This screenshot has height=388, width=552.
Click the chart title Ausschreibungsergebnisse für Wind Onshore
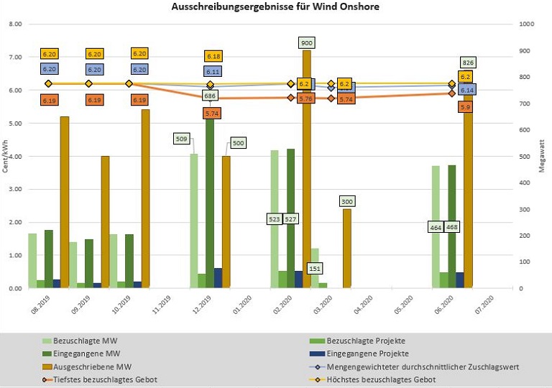[275, 6]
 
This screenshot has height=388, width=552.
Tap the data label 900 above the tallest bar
[307, 43]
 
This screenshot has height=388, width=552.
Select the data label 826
[468, 63]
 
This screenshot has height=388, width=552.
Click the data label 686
[211, 96]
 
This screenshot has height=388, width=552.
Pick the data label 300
[347, 202]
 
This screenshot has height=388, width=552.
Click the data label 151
[315, 269]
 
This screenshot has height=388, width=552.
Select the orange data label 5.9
[466, 106]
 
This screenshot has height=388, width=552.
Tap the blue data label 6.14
[467, 90]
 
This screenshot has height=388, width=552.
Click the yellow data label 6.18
[213, 56]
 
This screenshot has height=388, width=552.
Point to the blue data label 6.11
[213, 72]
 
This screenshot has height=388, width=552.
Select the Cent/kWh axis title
[5, 156]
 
